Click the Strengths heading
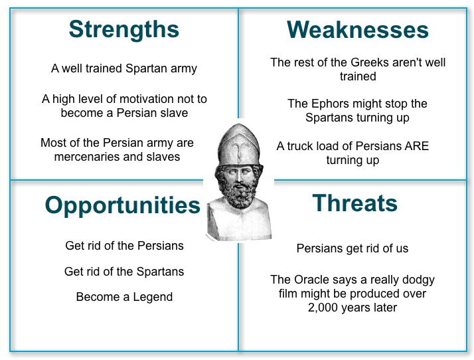click(123, 29)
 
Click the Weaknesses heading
click(357, 30)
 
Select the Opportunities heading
click(122, 205)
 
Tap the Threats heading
click(355, 203)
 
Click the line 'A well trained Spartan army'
click(124, 68)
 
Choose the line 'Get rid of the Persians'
click(124, 246)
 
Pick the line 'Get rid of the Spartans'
click(124, 272)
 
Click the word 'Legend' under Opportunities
click(151, 297)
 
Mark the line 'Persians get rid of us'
click(353, 248)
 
